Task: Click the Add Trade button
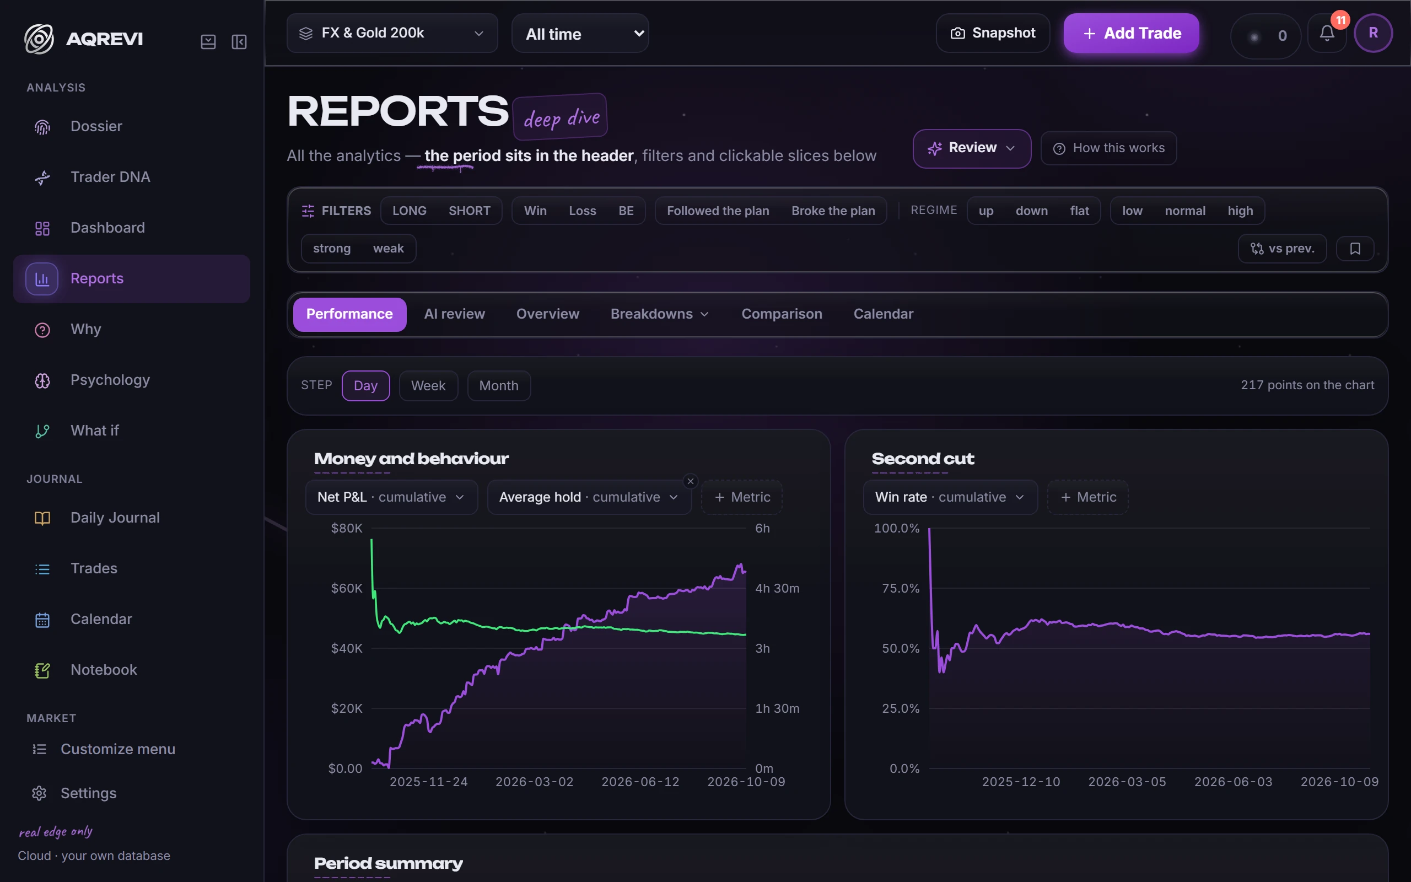[1131, 33]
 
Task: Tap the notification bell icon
[1327, 34]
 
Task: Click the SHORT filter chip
[470, 211]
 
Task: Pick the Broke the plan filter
[833, 211]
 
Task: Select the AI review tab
[455, 314]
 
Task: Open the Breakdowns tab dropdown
[660, 314]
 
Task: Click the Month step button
[498, 385]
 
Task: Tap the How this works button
[1108, 148]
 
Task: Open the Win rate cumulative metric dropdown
[950, 497]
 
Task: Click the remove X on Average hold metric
[690, 481]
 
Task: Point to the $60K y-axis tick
[347, 588]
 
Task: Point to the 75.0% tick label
[900, 588]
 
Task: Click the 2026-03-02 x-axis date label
[535, 782]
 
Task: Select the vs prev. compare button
[1282, 249]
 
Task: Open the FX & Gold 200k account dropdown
[392, 33]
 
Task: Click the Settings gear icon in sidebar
[39, 793]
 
